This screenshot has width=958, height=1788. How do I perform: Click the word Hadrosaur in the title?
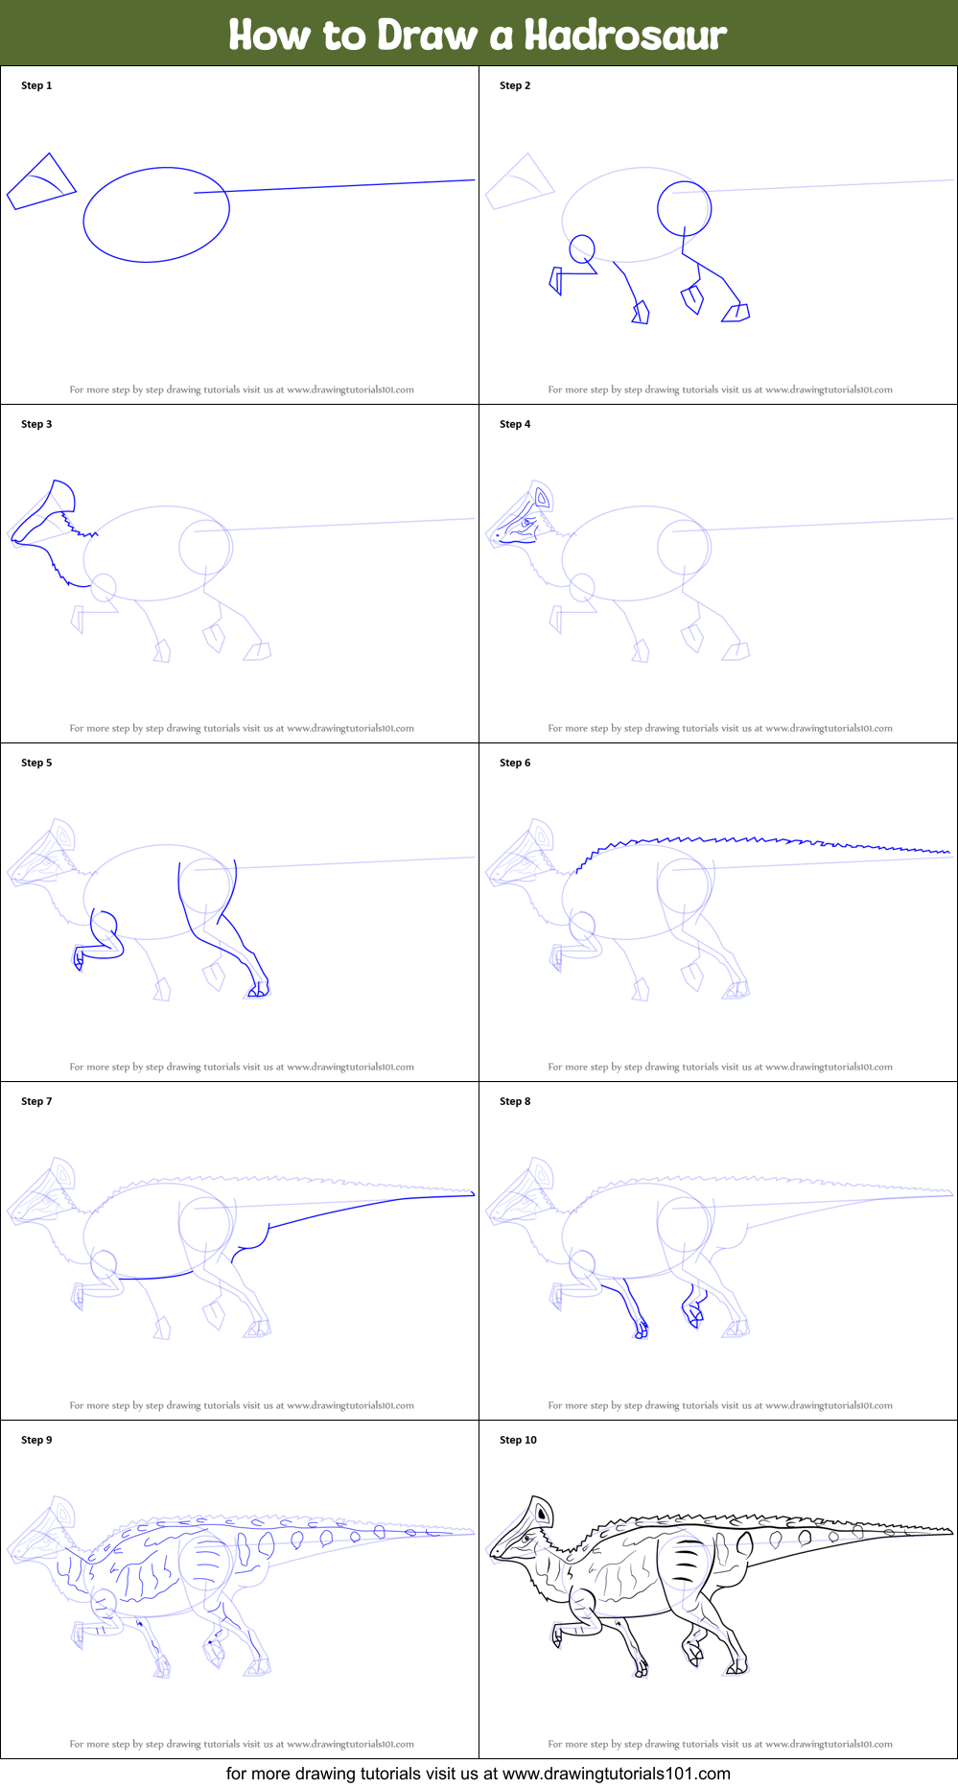625,35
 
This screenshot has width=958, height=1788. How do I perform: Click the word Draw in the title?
427,35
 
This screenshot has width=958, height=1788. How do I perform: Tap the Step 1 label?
36,85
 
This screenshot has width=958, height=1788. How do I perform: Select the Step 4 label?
515,424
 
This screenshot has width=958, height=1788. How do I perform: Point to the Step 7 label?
36,1101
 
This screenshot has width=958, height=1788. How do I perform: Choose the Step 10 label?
518,1440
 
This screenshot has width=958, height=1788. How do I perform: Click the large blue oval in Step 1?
155,215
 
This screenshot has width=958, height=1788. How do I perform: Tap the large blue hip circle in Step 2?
684,207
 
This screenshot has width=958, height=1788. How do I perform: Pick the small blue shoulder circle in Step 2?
582,249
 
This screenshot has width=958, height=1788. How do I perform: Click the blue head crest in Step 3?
59,499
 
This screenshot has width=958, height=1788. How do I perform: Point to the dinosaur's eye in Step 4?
526,523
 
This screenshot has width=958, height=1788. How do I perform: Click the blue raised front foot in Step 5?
80,958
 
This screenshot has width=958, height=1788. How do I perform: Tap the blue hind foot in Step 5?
257,990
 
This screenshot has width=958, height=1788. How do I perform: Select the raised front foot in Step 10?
556,1635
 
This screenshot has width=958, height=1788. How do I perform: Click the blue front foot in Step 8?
640,1330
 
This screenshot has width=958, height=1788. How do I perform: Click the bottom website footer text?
479,1774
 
